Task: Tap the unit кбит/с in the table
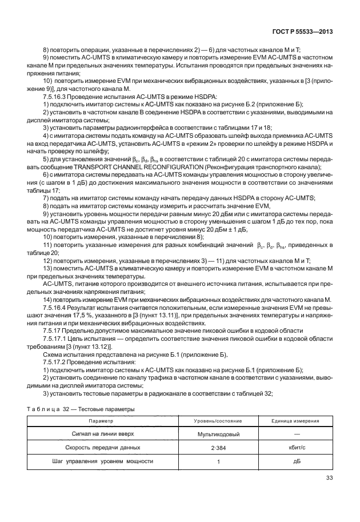[x=295, y=449]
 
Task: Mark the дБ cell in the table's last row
[x=295, y=462]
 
